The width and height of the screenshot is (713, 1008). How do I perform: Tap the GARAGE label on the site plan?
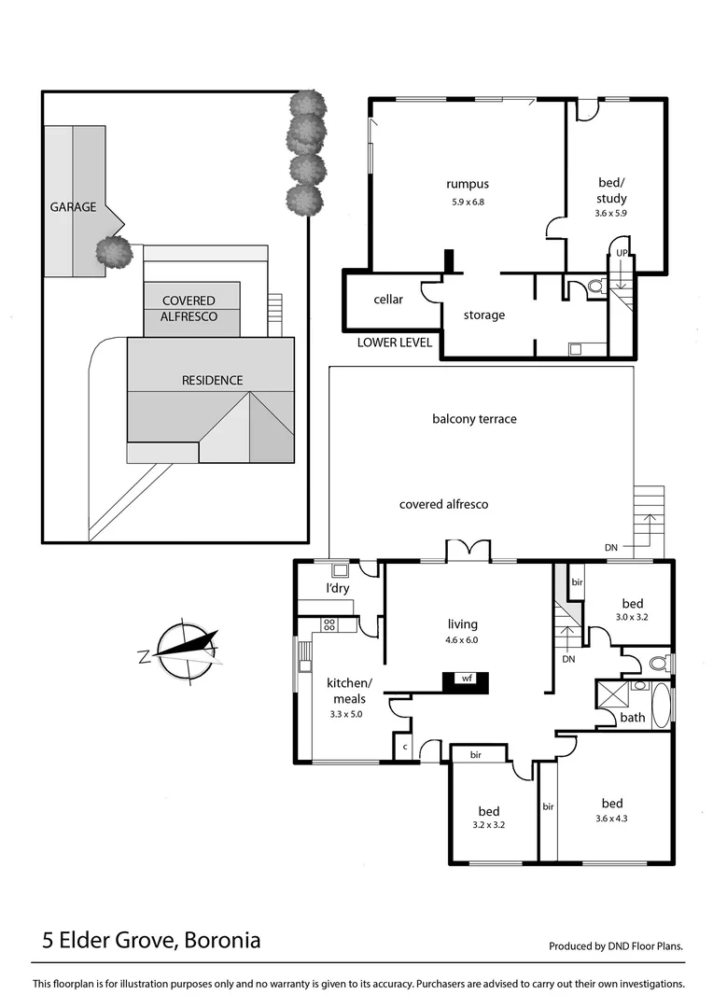73,206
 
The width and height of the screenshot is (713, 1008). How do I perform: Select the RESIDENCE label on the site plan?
212,380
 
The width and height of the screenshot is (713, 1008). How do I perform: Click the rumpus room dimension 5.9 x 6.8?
468,202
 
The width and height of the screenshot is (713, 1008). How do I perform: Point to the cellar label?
388,300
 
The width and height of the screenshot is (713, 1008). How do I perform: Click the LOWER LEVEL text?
395,343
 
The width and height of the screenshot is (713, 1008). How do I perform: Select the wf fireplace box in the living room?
465,679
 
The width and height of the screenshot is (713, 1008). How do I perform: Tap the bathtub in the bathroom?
661,706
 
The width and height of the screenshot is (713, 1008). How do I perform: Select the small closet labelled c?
405,748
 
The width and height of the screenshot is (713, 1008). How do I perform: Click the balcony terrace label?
474,419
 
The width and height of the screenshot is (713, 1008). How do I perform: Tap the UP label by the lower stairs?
621,253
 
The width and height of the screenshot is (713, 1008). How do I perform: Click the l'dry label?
336,589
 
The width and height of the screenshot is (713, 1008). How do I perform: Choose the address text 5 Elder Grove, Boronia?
151,940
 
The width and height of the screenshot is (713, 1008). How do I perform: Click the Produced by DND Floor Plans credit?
615,945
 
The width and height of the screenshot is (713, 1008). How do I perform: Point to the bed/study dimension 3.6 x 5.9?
612,213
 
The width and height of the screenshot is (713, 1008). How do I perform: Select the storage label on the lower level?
483,315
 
